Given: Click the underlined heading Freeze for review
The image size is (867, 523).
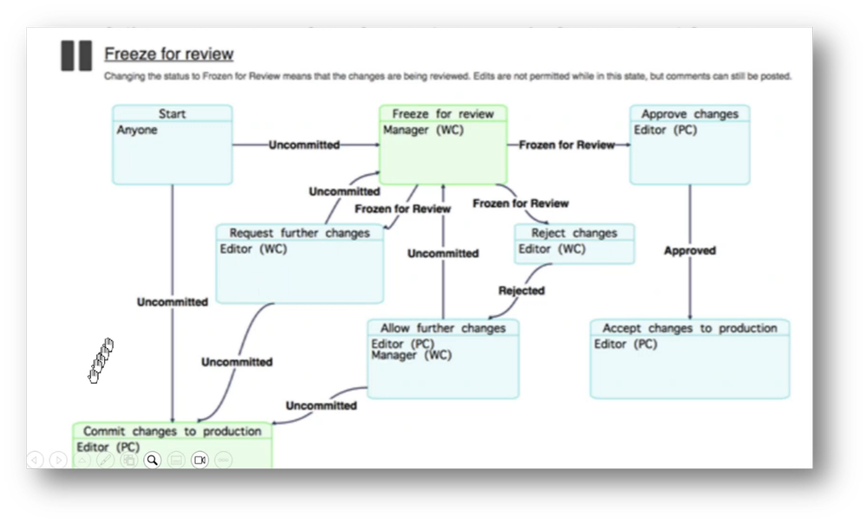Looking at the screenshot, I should pos(169,54).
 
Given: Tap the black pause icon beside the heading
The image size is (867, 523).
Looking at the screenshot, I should pos(76,55).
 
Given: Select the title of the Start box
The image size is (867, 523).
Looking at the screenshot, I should pos(172,113).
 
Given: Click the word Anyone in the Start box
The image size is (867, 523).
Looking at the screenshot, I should pos(137,130).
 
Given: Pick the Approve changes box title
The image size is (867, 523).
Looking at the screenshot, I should pos(689,113).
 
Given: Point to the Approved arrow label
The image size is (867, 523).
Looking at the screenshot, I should pos(689,250).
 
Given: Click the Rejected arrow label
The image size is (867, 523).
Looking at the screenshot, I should pos(521,291).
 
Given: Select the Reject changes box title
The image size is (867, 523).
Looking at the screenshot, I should pos(574,232).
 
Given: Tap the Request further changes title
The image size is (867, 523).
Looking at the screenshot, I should pos(299,232).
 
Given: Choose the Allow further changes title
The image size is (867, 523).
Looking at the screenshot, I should pos(443,328).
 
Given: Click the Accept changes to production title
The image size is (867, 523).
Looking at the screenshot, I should pos(689,328).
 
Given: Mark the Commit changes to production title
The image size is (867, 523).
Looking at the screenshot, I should pos(172,430).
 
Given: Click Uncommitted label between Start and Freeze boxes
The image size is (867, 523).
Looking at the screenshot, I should pos(303,145).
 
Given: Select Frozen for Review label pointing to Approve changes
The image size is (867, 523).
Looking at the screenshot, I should pos(567,145).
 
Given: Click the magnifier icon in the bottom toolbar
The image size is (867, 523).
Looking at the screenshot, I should pos(153,460).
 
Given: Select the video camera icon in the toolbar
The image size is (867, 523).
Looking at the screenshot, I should pos(199,460).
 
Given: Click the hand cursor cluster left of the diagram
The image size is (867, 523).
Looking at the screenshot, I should pos(101,360).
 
